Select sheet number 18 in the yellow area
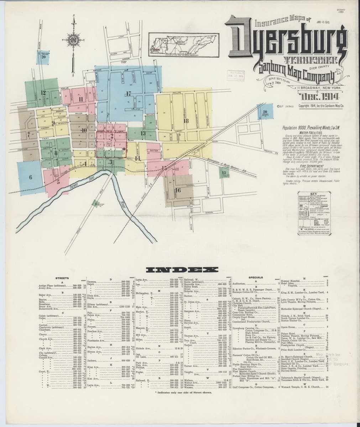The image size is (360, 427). coord(186,121)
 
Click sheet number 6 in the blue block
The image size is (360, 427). coord(31,177)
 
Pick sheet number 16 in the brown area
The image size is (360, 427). coord(178,190)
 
